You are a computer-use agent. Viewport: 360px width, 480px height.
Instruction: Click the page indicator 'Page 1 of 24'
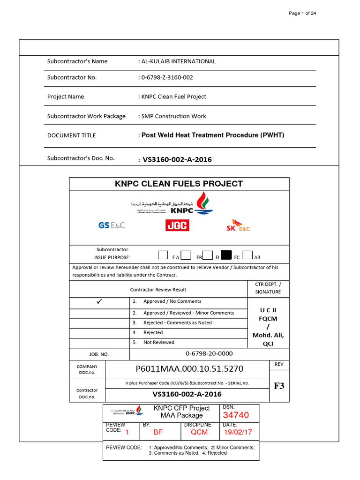(302, 13)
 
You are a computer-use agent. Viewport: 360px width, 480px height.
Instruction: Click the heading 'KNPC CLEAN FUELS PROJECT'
(179, 184)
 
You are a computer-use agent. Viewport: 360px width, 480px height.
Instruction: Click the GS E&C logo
(112, 225)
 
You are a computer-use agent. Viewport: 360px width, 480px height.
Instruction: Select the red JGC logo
(177, 226)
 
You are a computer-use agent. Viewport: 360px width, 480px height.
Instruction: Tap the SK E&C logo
(238, 225)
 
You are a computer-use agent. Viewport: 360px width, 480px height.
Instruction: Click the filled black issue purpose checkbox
(226, 255)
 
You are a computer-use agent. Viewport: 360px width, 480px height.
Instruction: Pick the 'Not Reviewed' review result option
(159, 342)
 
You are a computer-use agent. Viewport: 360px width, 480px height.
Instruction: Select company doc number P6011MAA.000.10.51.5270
(189, 368)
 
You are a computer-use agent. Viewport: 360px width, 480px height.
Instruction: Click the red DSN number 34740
(236, 415)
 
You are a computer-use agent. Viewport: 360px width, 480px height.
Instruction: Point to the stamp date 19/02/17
(238, 432)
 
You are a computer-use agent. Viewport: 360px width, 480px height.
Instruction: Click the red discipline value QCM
(199, 432)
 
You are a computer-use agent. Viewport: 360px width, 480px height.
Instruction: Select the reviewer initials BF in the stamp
(158, 432)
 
